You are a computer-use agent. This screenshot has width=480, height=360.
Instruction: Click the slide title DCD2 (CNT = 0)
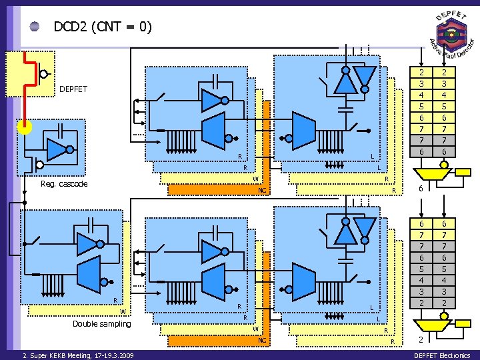click(x=103, y=27)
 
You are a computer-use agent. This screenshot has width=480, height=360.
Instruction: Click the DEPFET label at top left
click(x=73, y=88)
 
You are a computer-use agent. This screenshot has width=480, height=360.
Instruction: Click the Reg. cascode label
click(x=64, y=184)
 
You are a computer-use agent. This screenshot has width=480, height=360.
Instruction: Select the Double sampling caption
click(x=102, y=324)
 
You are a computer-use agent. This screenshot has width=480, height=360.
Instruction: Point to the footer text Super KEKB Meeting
click(x=77, y=355)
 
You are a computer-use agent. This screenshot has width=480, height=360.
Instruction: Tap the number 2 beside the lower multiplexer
click(x=421, y=339)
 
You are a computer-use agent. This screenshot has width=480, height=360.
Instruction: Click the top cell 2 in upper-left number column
click(x=421, y=72)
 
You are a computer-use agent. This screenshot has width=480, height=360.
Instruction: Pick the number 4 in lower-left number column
click(x=421, y=281)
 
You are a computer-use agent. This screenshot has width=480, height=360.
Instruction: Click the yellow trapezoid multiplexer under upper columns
click(x=427, y=174)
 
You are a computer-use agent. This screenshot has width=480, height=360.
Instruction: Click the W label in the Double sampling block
click(x=123, y=311)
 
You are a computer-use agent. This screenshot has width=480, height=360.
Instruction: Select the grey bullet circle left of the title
click(x=35, y=27)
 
